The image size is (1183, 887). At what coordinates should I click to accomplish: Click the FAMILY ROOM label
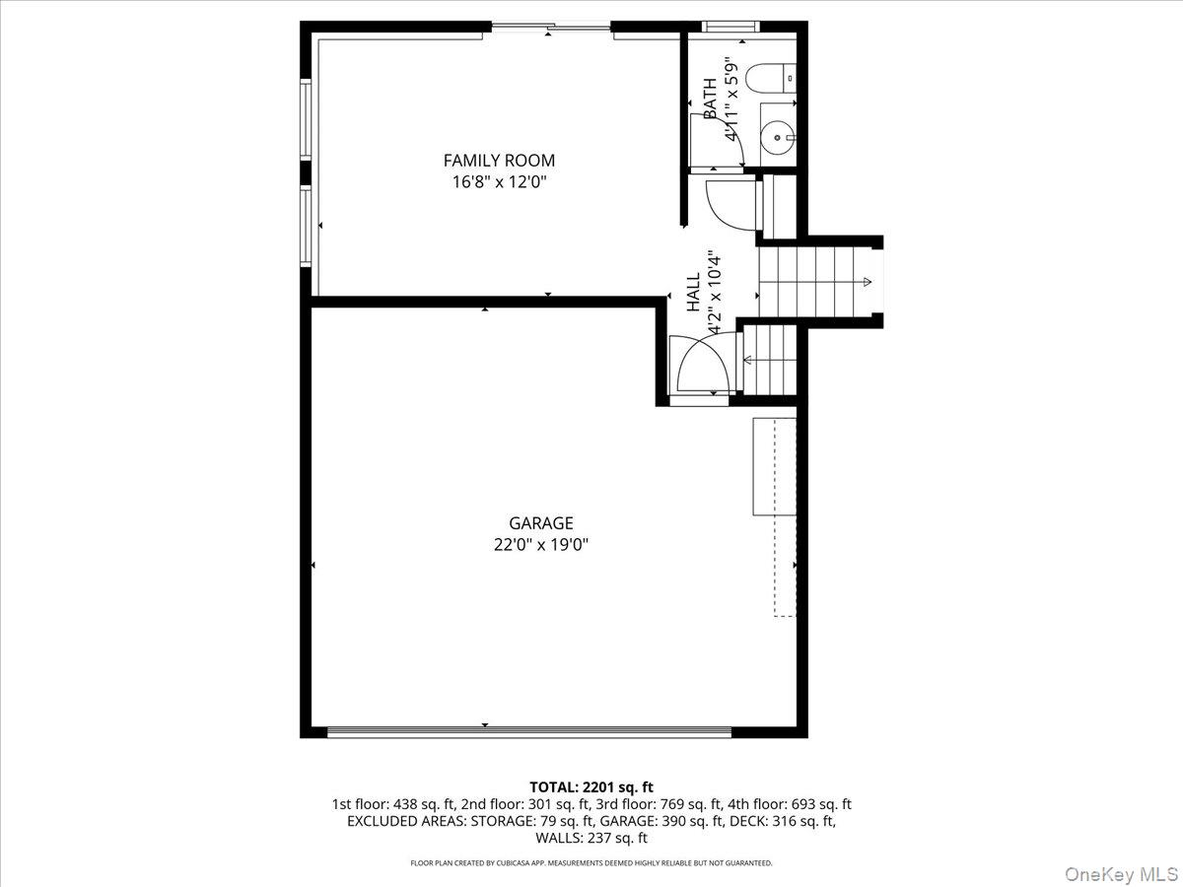499,160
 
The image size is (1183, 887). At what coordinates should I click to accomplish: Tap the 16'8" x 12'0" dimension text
499,181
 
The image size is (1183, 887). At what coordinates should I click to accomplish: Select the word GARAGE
540,523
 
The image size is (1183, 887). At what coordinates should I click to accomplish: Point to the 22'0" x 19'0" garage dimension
540,544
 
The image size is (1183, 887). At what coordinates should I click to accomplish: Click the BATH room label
710,99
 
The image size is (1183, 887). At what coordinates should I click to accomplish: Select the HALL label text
693,294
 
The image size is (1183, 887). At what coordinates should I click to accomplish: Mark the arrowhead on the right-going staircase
867,283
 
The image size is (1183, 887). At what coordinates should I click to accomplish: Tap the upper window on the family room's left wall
306,118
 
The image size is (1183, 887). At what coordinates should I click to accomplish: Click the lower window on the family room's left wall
306,227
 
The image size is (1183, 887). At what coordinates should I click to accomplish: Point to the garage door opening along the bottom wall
528,731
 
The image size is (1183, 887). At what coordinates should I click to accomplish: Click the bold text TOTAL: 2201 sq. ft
591,786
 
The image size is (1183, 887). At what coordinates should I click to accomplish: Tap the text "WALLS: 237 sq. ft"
591,839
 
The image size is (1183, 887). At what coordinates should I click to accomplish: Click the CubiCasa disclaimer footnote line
591,863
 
